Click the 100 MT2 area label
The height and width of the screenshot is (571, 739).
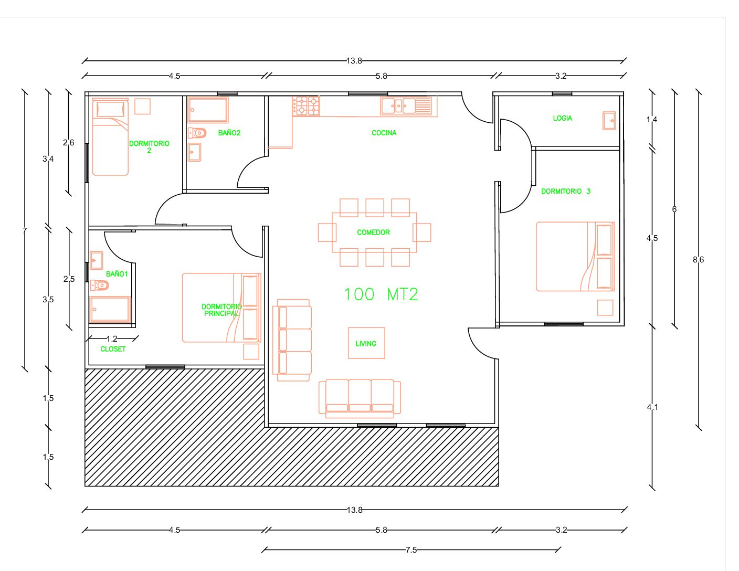coord(381,294)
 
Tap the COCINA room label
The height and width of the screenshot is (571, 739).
coord(384,133)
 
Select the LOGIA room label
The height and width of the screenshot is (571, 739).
coord(562,119)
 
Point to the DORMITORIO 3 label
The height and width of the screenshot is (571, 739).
coord(566,192)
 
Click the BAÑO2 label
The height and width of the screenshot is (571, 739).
coord(229,133)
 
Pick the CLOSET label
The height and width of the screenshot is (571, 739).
coord(113,349)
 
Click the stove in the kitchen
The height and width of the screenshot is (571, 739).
coord(306,106)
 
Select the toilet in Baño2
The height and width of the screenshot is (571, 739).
coord(197,133)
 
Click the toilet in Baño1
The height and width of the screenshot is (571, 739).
coord(99,285)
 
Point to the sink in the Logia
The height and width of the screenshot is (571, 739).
coord(609,121)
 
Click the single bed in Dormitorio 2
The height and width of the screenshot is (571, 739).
coord(110,137)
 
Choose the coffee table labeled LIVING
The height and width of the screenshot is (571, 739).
coord(366,343)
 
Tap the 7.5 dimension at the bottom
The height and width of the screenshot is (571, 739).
coord(411,550)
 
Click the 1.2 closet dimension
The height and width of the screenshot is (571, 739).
coord(112,339)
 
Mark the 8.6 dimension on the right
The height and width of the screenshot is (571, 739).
coord(698,260)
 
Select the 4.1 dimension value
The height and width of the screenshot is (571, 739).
coord(652,407)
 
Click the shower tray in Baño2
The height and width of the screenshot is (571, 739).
coord(207,110)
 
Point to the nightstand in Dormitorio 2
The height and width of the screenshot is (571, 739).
coord(142,107)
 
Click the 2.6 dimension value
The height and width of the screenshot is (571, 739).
coord(68,143)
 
